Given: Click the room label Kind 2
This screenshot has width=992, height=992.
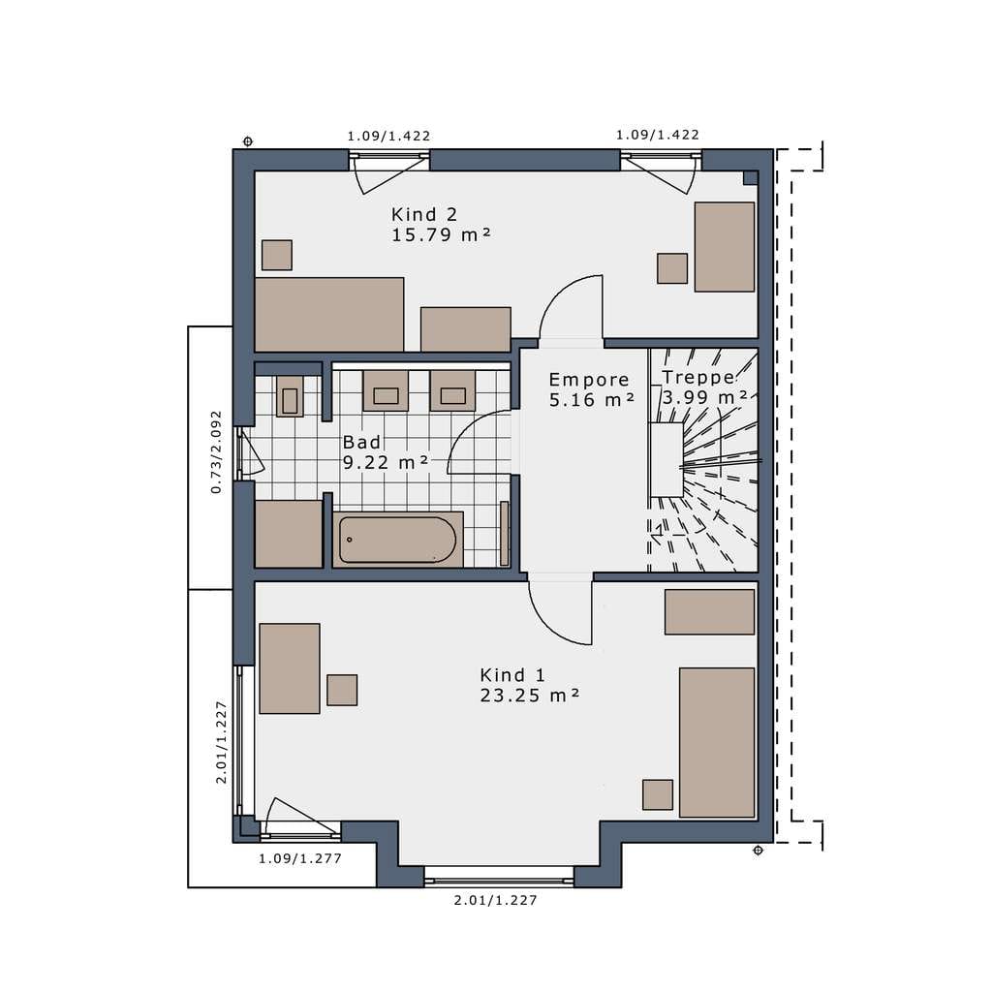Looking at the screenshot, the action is pos(424,214).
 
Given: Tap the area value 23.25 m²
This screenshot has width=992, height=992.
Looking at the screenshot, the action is pos(530,696).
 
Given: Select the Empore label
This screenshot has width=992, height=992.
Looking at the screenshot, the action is pos(589,380).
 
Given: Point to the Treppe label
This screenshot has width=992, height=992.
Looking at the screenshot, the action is pos(698,377).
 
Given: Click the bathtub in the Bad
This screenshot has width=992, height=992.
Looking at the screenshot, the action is pos(397,540).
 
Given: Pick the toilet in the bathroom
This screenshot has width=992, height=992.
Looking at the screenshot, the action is pos(290,396).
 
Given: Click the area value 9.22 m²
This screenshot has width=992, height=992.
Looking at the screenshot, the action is pos(386,462).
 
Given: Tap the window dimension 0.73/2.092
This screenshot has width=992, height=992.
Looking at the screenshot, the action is pos(217,451).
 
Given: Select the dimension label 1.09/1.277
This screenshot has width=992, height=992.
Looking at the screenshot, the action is pos(300,858).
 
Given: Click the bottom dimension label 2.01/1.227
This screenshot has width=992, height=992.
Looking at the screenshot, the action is pos(495,900).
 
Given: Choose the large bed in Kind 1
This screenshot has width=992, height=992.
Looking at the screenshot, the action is pos(717,742).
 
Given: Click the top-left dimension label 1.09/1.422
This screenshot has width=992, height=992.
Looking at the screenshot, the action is pos(388,136).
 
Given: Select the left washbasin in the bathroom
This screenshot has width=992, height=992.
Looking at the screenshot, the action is pos(386,391).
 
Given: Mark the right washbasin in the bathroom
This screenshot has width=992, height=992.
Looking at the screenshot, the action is pos(452,391).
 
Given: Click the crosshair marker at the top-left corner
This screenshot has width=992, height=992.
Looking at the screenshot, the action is pos(248,141).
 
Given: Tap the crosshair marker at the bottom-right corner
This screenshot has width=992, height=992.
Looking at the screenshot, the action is pos(758,851).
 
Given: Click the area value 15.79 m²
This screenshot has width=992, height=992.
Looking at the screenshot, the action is pos(441,234).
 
